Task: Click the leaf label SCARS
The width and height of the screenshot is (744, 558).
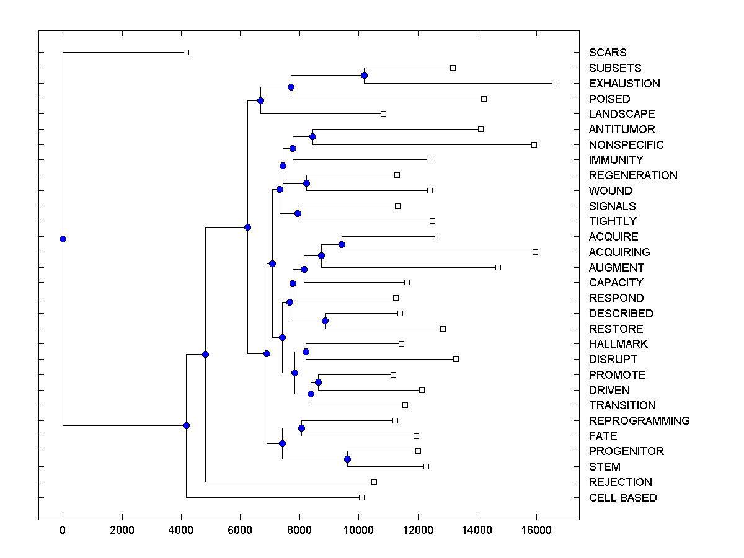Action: (608, 53)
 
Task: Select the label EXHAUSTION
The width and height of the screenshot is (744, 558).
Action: (624, 84)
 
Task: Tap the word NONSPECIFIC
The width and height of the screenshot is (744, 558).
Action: (626, 145)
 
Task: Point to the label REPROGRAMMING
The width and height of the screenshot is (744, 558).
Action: (639, 421)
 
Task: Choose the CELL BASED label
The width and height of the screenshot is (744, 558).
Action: (622, 498)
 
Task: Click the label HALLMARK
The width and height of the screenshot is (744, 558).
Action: (618, 344)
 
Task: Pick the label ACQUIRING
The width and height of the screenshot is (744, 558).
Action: (619, 252)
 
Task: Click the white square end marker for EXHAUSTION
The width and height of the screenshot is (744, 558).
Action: (554, 83)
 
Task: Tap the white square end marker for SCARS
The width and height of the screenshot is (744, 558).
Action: (186, 52)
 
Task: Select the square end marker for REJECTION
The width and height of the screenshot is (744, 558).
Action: (374, 482)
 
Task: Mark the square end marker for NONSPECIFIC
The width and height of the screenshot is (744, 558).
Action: (534, 144)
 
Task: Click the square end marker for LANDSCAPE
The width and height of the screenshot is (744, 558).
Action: (383, 113)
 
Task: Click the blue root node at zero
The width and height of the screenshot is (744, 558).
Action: (63, 239)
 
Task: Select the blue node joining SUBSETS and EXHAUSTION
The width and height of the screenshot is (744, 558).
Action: (364, 75)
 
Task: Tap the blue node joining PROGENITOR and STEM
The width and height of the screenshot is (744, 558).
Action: (347, 459)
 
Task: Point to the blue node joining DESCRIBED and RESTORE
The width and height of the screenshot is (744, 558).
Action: (325, 321)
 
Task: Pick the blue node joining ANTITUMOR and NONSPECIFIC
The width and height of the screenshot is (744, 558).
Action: (313, 136)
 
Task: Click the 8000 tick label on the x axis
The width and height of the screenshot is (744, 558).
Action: (299, 530)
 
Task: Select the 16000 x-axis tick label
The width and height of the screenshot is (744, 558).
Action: (536, 530)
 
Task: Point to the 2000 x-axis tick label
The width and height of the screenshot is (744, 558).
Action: (122, 530)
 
